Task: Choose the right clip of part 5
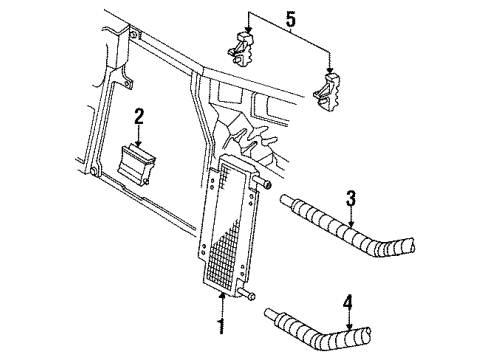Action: click(328, 93)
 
